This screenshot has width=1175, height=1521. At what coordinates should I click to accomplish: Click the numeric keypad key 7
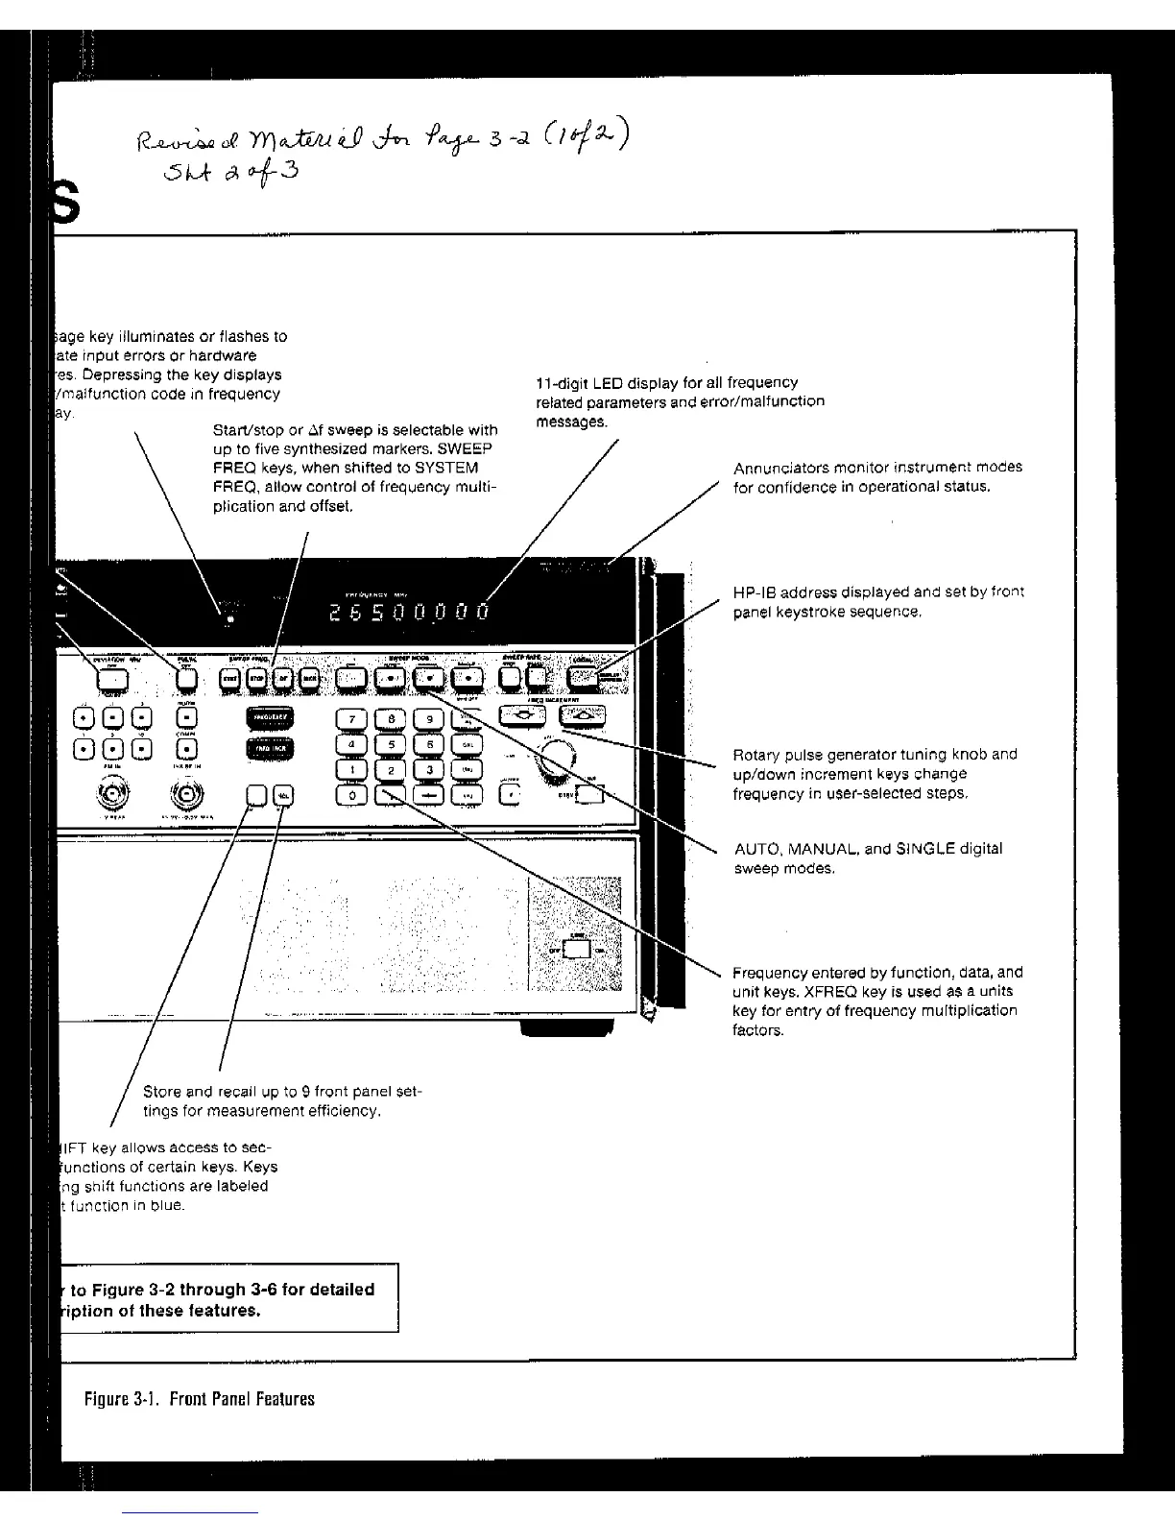(x=351, y=719)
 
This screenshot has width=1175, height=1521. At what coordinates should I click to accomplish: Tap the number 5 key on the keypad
(x=391, y=743)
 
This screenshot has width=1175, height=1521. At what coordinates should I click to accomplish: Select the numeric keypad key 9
(x=431, y=719)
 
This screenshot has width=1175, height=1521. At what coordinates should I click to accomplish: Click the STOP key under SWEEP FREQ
(x=257, y=679)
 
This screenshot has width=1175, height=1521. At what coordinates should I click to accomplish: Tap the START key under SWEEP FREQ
(x=230, y=679)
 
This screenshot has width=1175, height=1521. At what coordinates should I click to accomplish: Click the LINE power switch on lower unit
(x=576, y=950)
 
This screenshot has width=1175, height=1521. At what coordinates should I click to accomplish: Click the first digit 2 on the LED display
(x=333, y=613)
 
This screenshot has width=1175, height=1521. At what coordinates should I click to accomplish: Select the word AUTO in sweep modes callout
(x=753, y=849)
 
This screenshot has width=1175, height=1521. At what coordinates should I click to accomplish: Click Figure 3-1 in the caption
(x=120, y=1398)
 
